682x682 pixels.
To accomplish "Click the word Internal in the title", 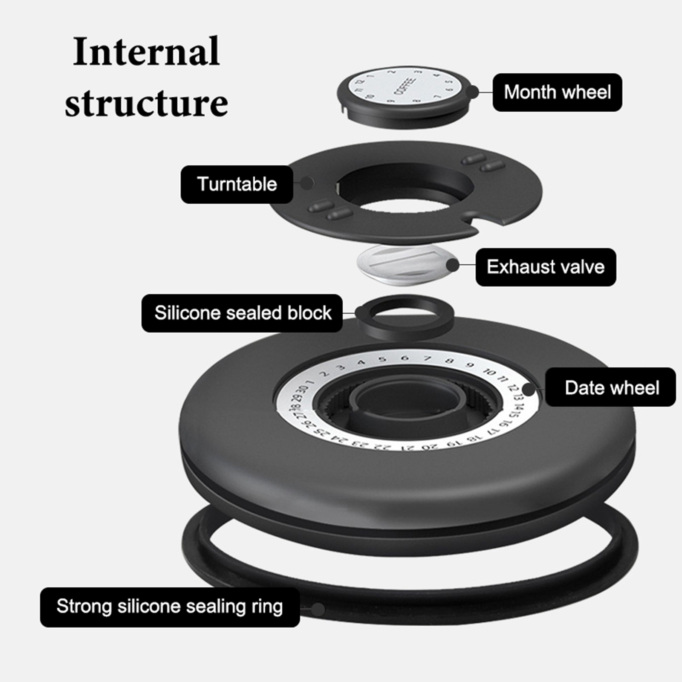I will (146, 52).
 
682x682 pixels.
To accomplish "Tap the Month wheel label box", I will (557, 92).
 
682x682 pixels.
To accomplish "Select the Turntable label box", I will (237, 184).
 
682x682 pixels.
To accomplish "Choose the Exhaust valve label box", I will (546, 267).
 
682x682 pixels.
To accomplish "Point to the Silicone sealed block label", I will (242, 313).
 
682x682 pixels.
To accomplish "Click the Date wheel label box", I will (611, 387).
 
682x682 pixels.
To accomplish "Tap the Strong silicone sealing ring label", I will (170, 607).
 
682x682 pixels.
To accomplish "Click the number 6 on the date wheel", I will (405, 358).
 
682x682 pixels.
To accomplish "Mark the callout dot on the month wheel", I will (472, 92).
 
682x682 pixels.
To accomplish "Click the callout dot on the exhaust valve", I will (453, 265).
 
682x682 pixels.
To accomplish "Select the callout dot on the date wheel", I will (529, 389).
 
